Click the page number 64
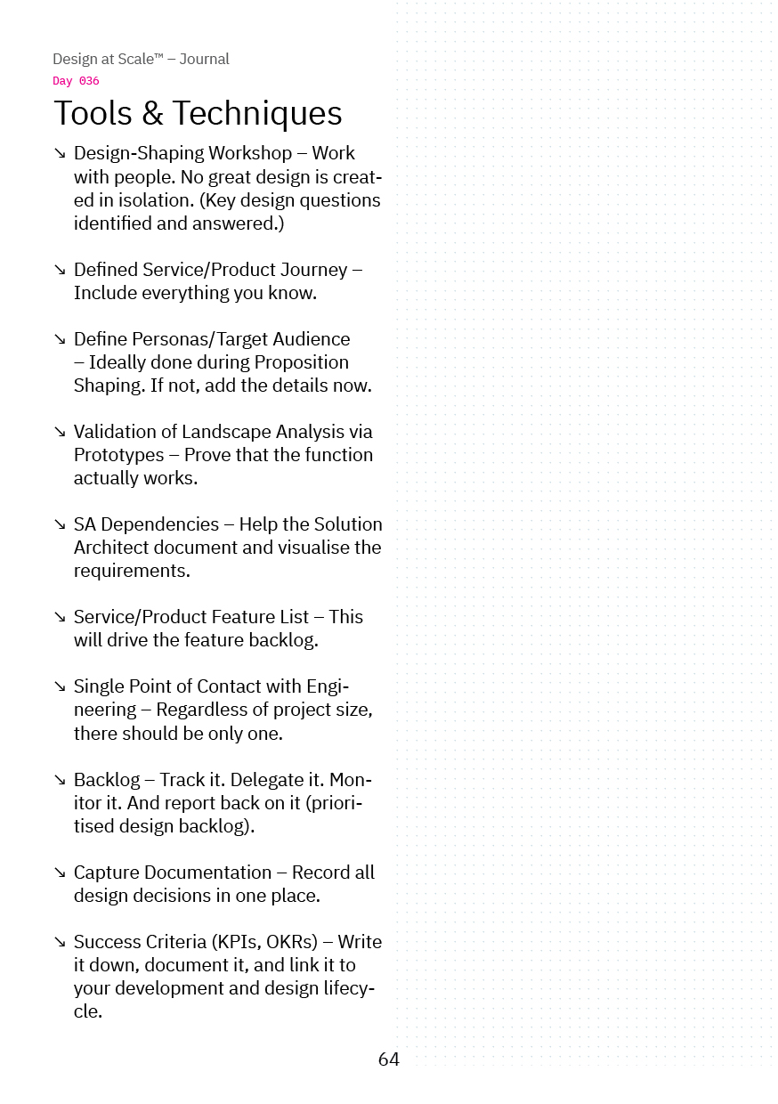coord(389,1059)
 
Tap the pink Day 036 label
coord(76,81)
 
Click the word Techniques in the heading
coord(257,113)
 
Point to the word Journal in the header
coord(204,59)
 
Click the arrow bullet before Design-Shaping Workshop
coord(60,154)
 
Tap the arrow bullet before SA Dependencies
coord(60,524)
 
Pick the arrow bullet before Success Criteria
coord(60,942)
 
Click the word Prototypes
coord(119,455)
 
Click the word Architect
coord(114,548)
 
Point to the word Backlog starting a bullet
coord(107,780)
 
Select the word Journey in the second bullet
coord(313,270)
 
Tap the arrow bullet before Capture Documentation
coord(60,873)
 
